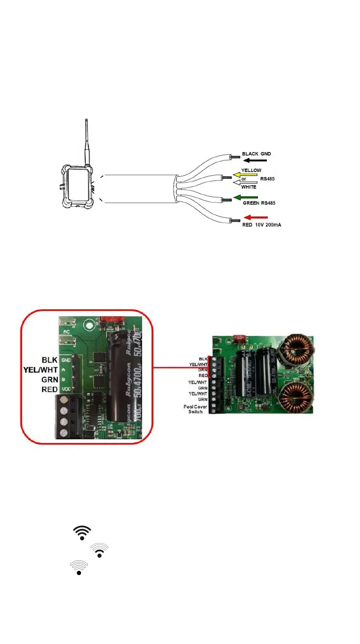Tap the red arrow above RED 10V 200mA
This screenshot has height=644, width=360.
coord(257,218)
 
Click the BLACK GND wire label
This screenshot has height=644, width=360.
coord(256,154)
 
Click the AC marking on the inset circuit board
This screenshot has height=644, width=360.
coord(66,332)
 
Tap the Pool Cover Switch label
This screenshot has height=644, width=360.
coord(198,408)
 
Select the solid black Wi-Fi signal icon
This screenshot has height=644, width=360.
coord(83,532)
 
